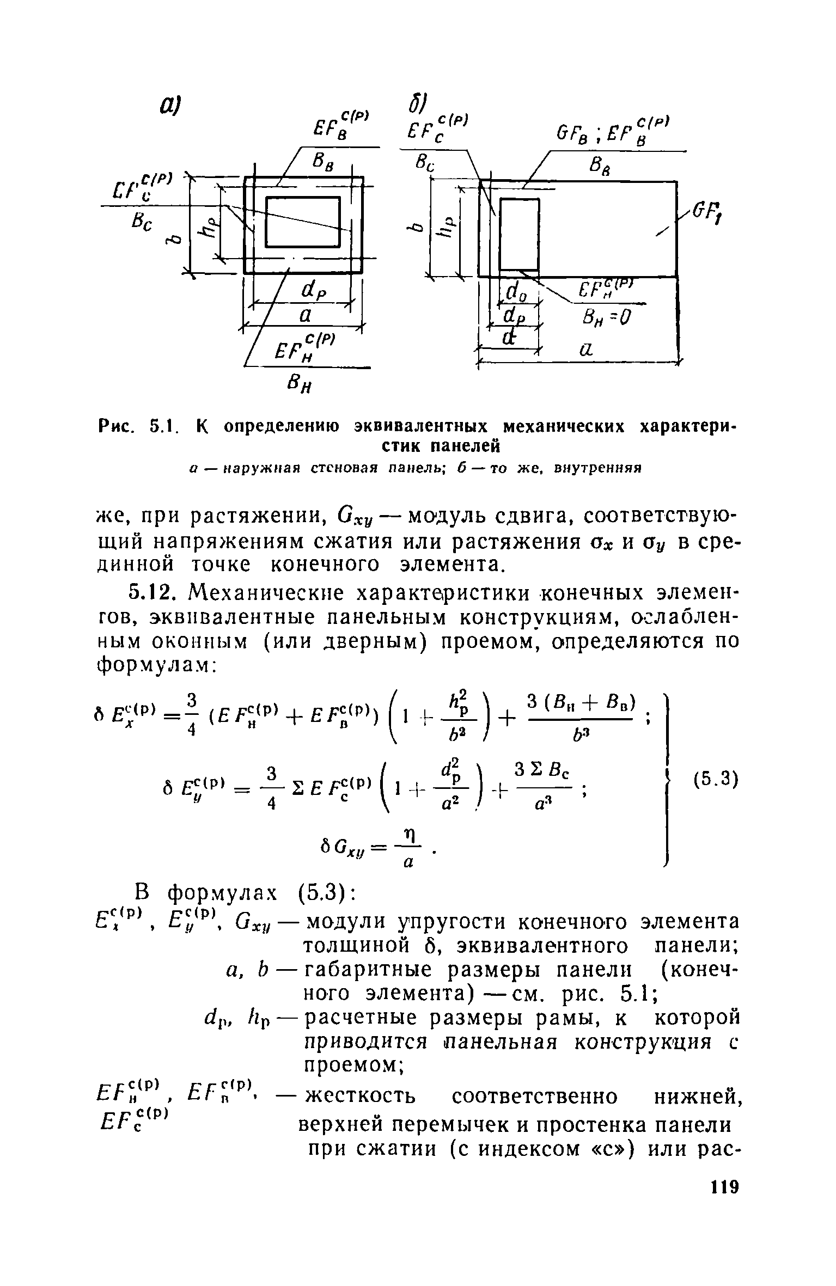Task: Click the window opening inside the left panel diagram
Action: (x=303, y=222)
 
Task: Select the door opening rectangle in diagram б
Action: (x=518, y=234)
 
